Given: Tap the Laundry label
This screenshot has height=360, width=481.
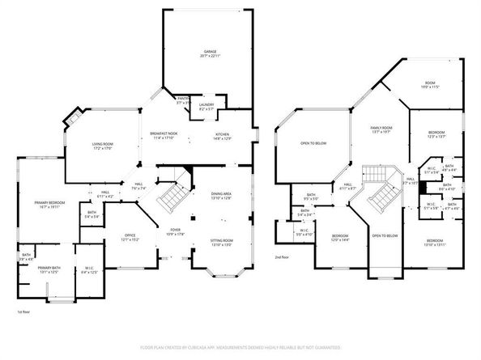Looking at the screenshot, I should (x=206, y=105).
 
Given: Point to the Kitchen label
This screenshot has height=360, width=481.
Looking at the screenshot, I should (x=223, y=136).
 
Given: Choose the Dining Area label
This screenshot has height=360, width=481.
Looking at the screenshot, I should (x=222, y=195).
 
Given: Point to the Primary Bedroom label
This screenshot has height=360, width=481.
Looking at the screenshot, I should (x=49, y=204).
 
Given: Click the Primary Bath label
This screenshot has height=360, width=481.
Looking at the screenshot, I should (x=49, y=269).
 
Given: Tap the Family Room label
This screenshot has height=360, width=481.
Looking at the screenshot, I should (x=381, y=129).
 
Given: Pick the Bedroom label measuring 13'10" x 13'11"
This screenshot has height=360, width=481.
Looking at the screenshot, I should (x=435, y=242).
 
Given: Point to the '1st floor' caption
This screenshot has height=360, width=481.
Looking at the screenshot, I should (x=23, y=311).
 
